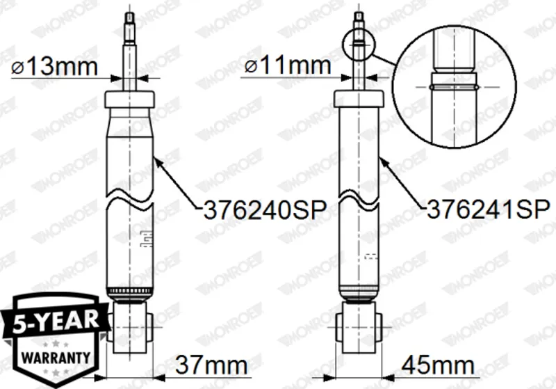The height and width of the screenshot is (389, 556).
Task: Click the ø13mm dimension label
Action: pos(54,67)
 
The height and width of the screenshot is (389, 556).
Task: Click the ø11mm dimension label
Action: pos(288,66)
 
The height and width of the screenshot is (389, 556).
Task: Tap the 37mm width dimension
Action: pos(211,365)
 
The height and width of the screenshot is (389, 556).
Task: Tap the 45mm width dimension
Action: pos(438,365)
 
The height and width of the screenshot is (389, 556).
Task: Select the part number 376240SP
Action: pos(265,210)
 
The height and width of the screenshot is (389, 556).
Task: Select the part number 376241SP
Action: pos(489,209)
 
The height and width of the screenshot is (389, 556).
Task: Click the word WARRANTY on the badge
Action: pos(56,357)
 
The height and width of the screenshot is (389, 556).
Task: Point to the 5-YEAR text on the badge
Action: pos(56,321)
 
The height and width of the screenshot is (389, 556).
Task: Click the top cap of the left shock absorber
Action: pos(129,100)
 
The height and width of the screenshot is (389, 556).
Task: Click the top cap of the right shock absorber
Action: pos(359,98)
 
